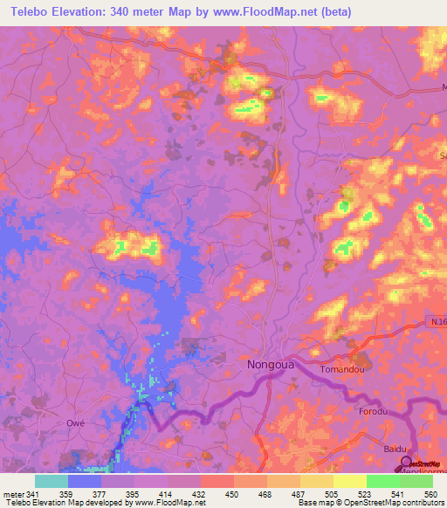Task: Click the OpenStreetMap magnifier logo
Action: pyautogui.click(x=405, y=463)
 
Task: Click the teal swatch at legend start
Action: pyautogui.click(x=51, y=480)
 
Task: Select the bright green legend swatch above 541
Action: pyautogui.click(x=382, y=480)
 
